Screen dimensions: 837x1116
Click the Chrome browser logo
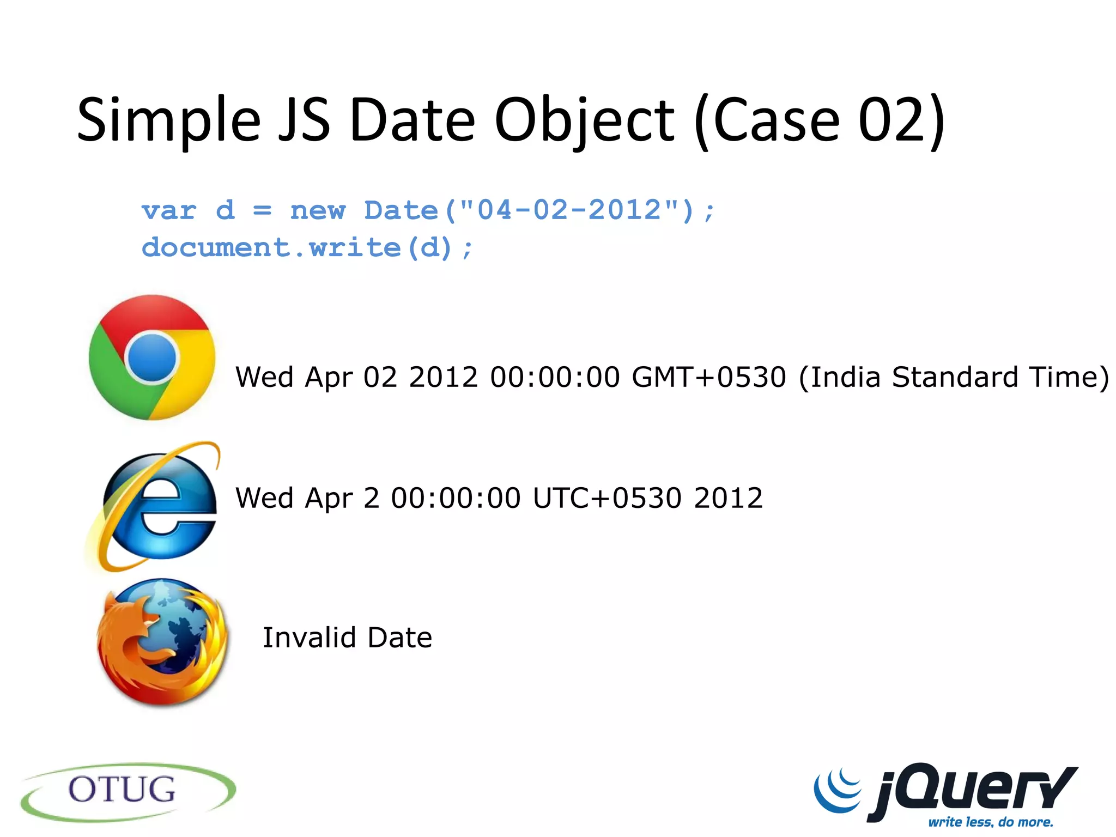pos(152,357)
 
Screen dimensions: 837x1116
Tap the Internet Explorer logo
pos(155,507)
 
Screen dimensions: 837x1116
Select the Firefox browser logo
pos(162,642)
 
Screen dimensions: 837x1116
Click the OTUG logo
pos(128,791)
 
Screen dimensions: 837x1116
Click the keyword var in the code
pos(169,211)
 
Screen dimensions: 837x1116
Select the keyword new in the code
pos(318,211)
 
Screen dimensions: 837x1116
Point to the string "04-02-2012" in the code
pos(569,210)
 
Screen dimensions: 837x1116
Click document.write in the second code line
pos(271,248)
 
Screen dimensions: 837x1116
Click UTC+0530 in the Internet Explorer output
pos(607,498)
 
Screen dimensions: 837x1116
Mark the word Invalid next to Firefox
pos(309,638)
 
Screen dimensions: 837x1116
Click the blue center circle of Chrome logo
pos(152,357)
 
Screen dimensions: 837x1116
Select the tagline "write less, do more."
pos(991,821)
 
